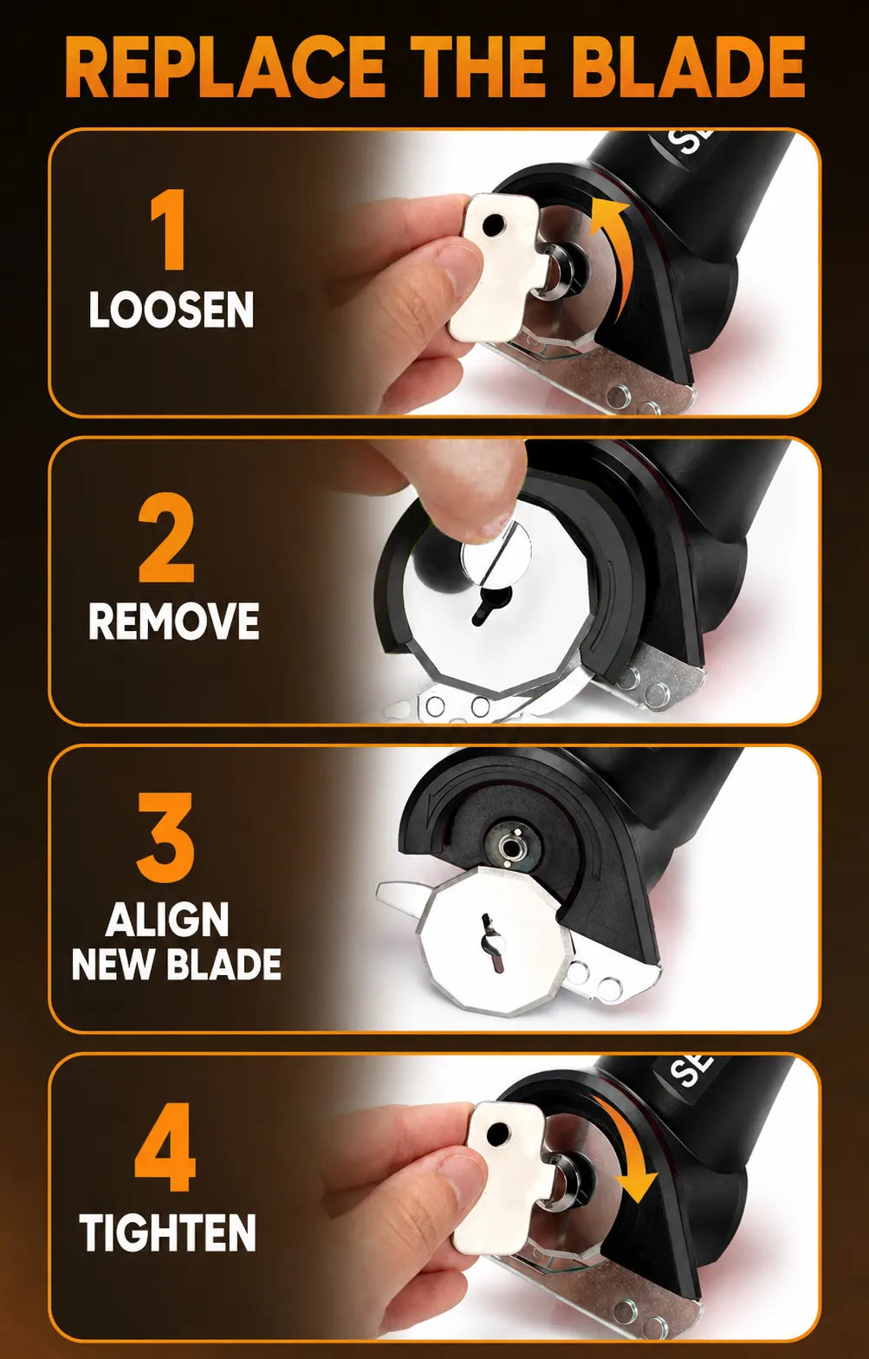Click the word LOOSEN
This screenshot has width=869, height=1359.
171,309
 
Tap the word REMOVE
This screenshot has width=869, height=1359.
174,621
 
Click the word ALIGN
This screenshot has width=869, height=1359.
167,920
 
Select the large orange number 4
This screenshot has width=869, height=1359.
165,1148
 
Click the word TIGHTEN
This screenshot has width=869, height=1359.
167,1232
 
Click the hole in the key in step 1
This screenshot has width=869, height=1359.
494,226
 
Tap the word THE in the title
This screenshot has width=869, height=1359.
481,67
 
